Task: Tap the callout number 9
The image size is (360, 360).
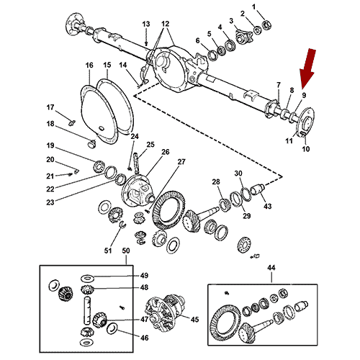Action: click(x=304, y=95)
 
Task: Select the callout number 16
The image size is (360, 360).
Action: click(x=89, y=66)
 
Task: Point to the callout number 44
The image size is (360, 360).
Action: click(x=271, y=268)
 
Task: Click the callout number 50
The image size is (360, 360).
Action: click(x=126, y=251)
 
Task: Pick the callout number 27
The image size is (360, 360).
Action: click(x=181, y=162)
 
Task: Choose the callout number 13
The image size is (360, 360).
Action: click(x=146, y=24)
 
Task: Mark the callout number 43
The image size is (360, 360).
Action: click(x=268, y=206)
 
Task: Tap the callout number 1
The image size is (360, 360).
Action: click(x=254, y=7)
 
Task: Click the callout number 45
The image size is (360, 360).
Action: click(x=194, y=320)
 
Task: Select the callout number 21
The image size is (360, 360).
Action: click(x=50, y=176)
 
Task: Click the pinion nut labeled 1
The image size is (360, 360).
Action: click(x=266, y=24)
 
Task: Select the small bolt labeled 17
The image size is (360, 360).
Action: click(x=72, y=122)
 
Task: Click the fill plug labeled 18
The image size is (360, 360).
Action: click(x=91, y=144)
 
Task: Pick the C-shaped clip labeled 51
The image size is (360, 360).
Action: click(x=122, y=225)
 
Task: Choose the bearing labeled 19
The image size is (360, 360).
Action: click(x=98, y=166)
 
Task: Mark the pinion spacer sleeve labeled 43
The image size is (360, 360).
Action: click(x=258, y=189)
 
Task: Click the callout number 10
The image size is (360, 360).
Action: click(x=305, y=149)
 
